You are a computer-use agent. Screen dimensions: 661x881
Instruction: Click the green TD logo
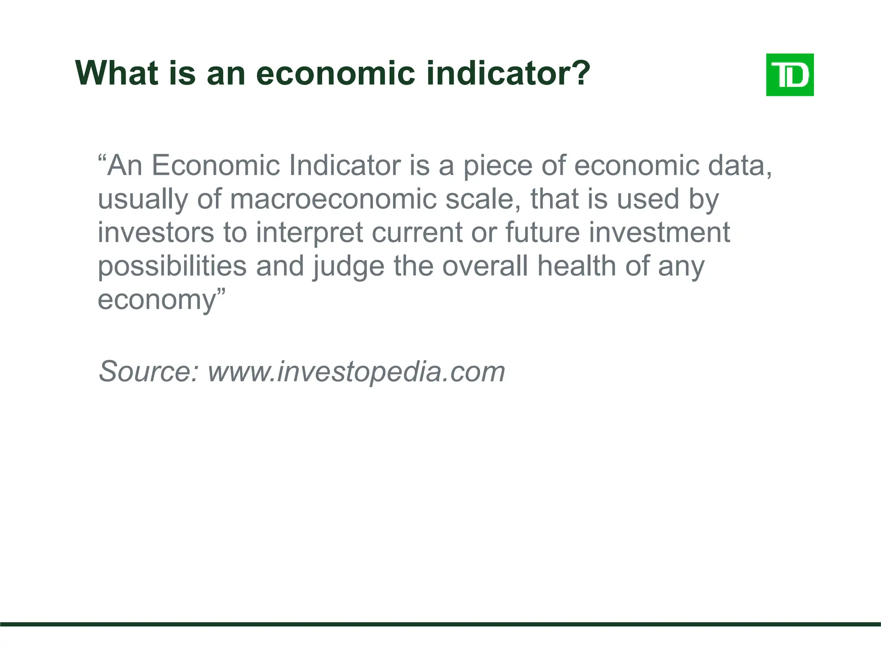click(790, 75)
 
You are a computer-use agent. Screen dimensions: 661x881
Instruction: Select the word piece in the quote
click(497, 166)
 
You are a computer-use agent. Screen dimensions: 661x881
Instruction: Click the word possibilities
click(172, 267)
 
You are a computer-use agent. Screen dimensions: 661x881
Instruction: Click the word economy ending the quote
click(157, 300)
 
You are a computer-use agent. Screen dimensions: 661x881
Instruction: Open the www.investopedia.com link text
click(356, 372)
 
